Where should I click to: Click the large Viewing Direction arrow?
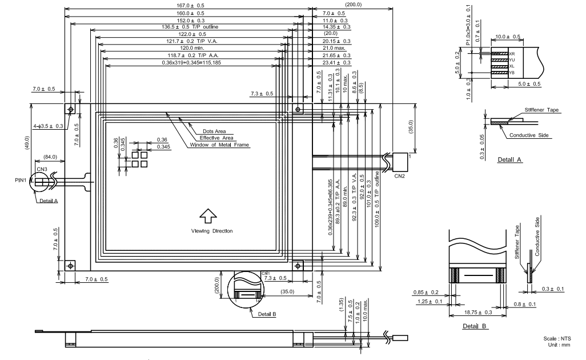click(207, 215)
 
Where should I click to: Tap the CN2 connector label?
click(400, 177)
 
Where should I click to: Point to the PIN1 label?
click(22, 181)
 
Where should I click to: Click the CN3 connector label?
click(42, 169)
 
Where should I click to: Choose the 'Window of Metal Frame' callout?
click(219, 145)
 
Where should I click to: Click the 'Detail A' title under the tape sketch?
click(509, 160)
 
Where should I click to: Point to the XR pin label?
click(512, 54)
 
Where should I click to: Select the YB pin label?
click(512, 73)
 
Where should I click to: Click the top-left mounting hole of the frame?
click(70, 109)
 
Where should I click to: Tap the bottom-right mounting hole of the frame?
click(298, 266)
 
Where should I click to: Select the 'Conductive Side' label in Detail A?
click(526, 135)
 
